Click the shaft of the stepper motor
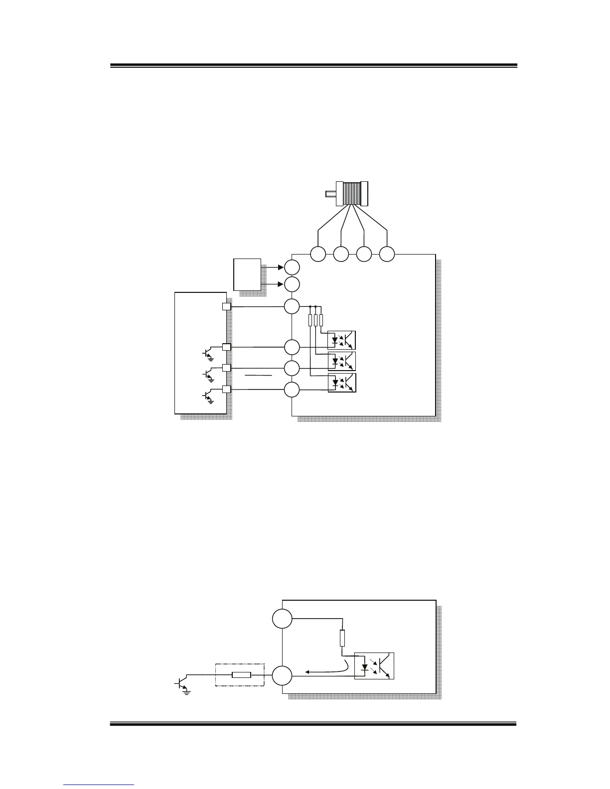coord(331,194)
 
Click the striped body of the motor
coord(351,193)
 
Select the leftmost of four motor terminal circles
coord(318,254)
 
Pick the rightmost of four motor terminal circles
coord(387,254)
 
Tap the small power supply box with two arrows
coord(247,274)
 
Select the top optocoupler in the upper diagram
coord(341,340)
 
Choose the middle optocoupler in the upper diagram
coord(341,361)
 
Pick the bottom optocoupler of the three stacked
coord(341,383)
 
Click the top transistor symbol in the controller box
coord(207,353)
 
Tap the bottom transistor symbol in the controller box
coord(207,396)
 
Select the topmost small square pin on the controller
coord(226,307)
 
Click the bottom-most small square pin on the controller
coord(226,390)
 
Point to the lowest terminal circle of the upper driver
coord(292,390)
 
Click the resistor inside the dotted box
coord(242,675)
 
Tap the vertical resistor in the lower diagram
coord(342,638)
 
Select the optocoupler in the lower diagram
coord(374,665)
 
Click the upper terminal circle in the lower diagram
coord(282,619)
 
